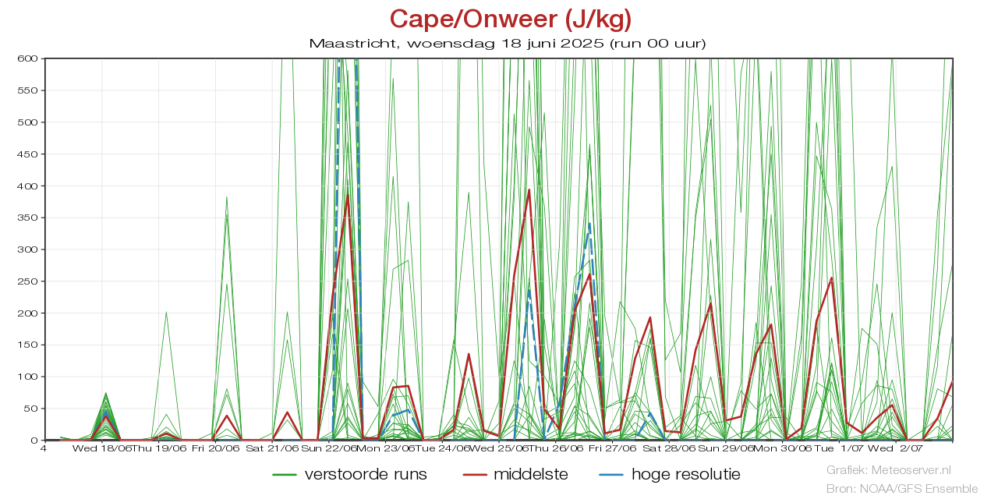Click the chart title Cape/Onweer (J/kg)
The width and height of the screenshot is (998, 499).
(x=511, y=19)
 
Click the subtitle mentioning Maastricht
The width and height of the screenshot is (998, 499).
(x=508, y=43)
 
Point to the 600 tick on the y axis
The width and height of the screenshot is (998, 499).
(x=29, y=58)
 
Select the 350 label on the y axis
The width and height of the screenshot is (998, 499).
(x=29, y=218)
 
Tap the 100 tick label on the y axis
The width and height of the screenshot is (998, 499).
(x=29, y=377)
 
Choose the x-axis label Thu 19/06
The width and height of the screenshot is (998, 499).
(x=159, y=448)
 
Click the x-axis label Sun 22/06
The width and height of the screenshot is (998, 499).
(x=329, y=448)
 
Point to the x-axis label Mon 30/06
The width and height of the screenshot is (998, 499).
(x=782, y=448)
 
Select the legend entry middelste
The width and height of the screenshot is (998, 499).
(x=530, y=474)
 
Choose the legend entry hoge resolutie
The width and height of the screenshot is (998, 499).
(x=685, y=474)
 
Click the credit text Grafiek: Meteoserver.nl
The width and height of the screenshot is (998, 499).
(x=889, y=470)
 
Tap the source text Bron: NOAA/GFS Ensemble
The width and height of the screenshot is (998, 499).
(x=901, y=489)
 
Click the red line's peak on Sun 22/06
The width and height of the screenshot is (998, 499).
(x=348, y=194)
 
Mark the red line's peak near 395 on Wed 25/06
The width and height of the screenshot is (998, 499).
(x=529, y=189)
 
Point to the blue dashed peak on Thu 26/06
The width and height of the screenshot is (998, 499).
(x=589, y=224)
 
